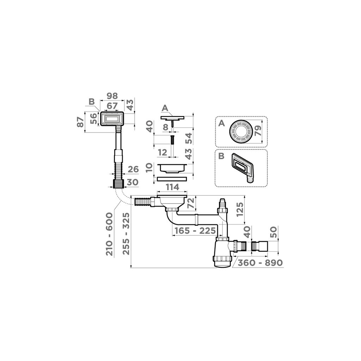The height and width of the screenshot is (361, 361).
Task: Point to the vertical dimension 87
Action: [81, 122]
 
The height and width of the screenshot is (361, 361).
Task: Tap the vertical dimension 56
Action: [94, 119]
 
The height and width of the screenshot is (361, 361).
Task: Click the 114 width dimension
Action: [173, 186]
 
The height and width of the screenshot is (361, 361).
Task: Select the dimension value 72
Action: [201, 203]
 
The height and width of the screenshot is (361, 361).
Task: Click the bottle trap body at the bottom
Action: [222, 254]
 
